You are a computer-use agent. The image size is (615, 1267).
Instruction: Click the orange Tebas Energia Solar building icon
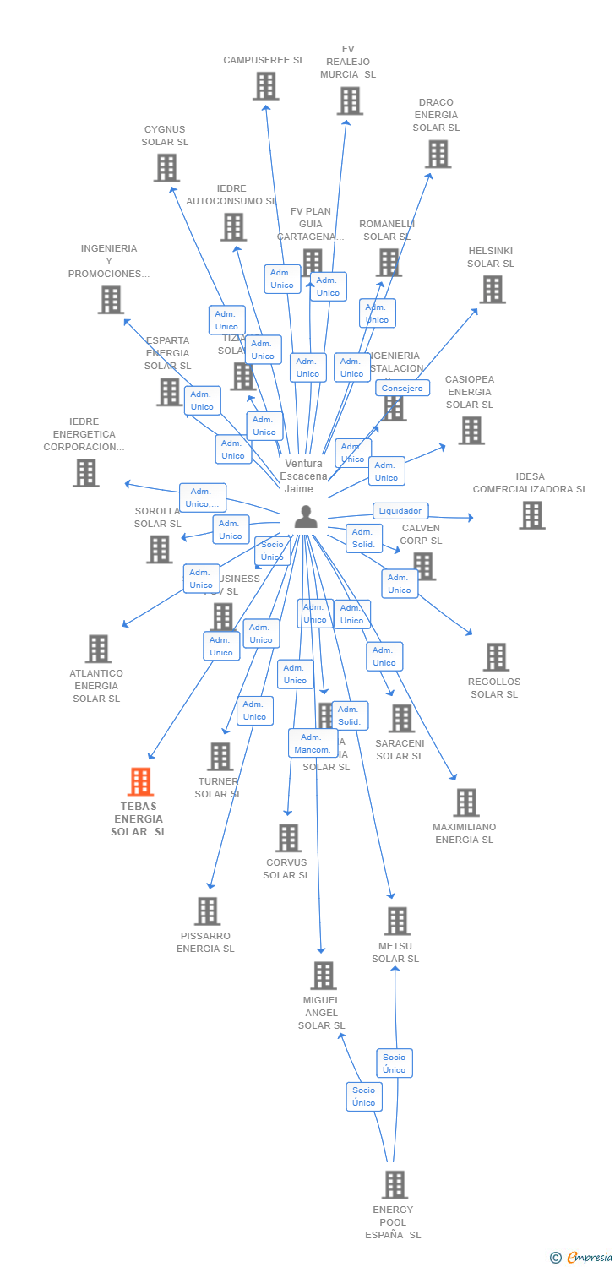point(140,782)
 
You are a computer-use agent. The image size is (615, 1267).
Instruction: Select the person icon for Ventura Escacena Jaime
point(306,516)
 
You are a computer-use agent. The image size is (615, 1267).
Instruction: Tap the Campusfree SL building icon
point(265,86)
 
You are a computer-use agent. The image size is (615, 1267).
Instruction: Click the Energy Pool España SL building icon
point(395,1185)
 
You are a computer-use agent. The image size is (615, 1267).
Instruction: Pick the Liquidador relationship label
point(400,510)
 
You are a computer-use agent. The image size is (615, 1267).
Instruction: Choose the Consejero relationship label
point(402,388)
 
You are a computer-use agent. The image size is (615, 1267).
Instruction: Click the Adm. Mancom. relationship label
point(312,743)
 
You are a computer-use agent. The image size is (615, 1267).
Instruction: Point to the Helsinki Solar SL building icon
point(492,290)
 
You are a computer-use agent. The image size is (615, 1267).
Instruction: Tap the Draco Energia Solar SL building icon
point(438,155)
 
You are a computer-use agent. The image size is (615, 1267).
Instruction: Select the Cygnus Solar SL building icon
point(166,168)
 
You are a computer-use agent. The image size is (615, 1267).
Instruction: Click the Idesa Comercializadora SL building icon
point(531,515)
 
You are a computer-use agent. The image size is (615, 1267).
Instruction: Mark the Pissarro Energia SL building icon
point(207,911)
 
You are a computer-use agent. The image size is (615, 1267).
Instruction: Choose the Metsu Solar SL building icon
point(397,922)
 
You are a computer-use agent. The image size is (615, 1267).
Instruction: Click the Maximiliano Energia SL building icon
point(465,802)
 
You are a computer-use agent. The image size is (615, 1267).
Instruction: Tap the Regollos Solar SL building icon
point(496,657)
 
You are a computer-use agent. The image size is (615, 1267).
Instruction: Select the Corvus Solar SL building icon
point(288,838)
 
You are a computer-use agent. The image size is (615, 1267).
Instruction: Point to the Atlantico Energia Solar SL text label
point(96,686)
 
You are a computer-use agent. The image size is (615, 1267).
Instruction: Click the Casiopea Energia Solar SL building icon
point(471,431)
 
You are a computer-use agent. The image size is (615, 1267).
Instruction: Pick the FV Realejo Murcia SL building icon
point(349,101)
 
